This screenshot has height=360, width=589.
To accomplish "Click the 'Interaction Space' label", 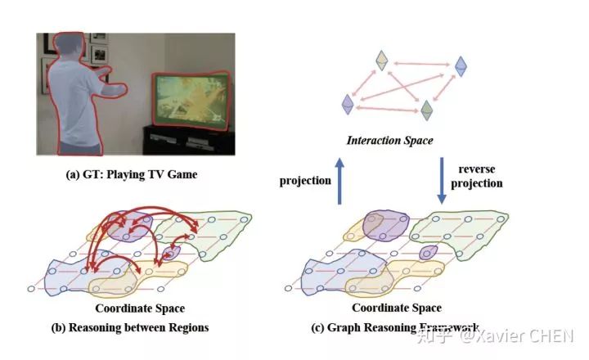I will click(x=390, y=141).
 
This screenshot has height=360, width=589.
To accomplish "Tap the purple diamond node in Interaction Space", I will click(x=348, y=104).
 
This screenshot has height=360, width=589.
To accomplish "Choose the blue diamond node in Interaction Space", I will click(x=461, y=65).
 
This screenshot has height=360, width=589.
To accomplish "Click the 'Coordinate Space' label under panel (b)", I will click(x=140, y=308).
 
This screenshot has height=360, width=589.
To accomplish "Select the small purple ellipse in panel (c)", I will click(x=428, y=253).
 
